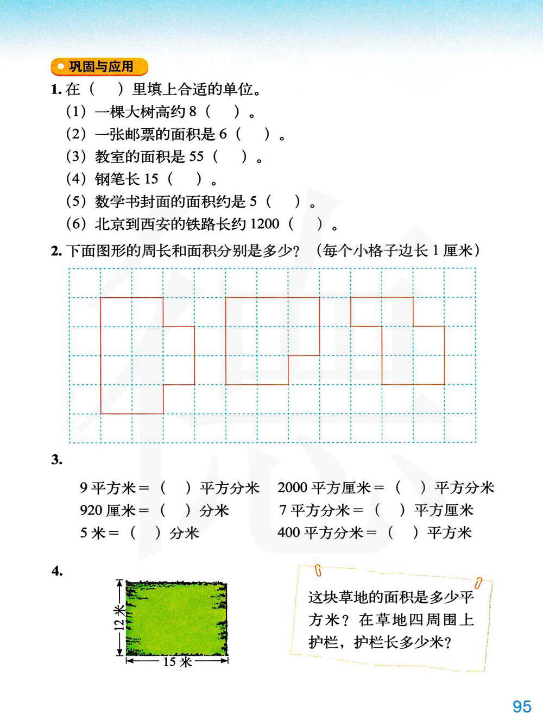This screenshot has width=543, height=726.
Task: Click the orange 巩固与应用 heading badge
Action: click(x=99, y=67)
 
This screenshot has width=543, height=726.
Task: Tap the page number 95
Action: click(x=521, y=706)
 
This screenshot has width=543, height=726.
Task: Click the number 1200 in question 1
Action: click(x=264, y=223)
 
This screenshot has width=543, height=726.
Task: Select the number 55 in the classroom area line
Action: click(x=196, y=157)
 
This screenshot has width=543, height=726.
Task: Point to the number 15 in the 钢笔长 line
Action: click(x=151, y=179)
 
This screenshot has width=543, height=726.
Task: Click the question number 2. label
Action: click(x=56, y=251)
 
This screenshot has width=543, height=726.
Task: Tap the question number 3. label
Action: click(x=56, y=460)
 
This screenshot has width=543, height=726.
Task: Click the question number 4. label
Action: click(x=57, y=571)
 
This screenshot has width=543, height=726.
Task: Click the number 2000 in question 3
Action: click(x=292, y=487)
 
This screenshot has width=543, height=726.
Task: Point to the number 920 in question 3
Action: click(x=91, y=510)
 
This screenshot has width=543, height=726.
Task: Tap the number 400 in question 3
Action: click(x=288, y=533)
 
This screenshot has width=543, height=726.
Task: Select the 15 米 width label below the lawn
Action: click(x=177, y=661)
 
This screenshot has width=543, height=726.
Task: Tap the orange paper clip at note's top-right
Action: click(x=478, y=582)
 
